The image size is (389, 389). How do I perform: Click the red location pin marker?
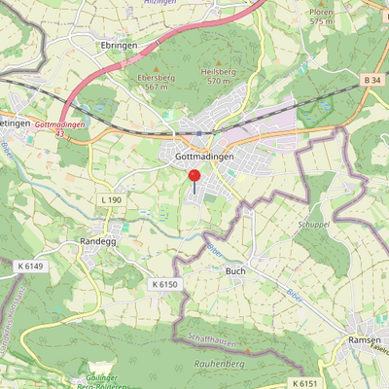tap(194, 177)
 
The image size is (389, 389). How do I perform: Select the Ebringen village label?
tap(119, 46)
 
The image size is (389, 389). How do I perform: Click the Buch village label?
tap(234, 271)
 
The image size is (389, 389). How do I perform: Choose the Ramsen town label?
tap(365, 341)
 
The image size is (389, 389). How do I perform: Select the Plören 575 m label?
tap(322, 17)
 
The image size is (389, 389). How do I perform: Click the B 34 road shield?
tap(372, 79)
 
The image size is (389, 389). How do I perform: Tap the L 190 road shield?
tap(112, 199)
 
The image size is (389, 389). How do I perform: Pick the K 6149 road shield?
tap(31, 265)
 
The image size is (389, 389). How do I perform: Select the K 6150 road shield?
tap(165, 283)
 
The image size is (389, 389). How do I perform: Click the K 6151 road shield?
tap(304, 384)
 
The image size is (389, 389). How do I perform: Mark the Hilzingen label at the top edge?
tap(159, 3)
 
